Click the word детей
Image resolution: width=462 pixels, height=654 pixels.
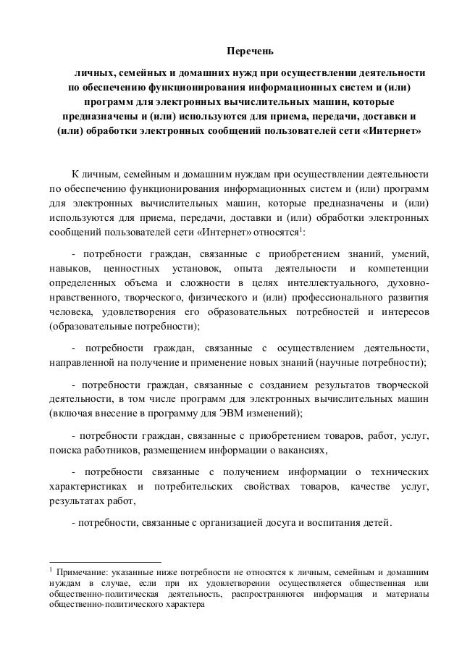pyautogui.click(x=372, y=524)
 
